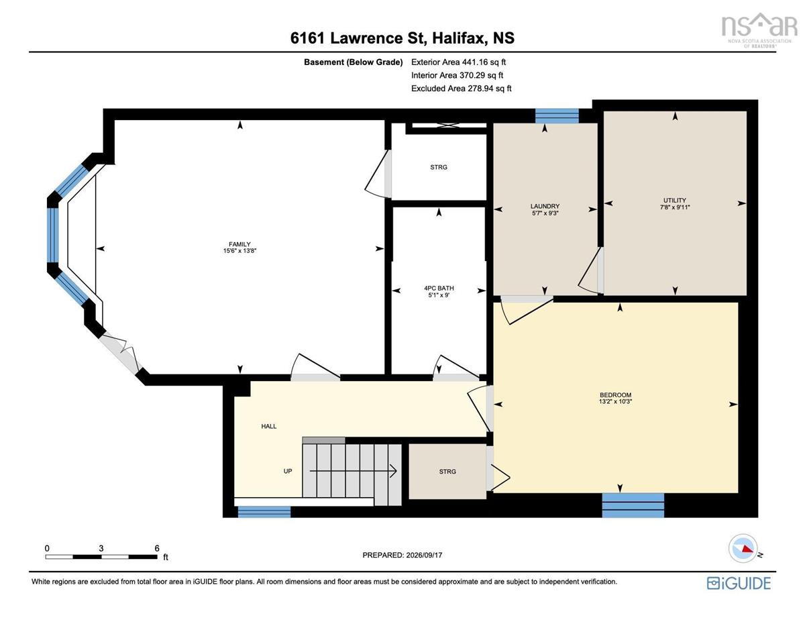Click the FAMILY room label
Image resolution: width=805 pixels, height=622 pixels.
[239, 244]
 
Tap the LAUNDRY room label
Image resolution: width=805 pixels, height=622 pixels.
[545, 206]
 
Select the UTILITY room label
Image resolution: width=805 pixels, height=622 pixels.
[675, 200]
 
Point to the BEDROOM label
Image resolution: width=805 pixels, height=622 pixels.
[615, 395]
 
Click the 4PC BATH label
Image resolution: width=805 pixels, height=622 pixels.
[439, 289]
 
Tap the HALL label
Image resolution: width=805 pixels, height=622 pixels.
[268, 426]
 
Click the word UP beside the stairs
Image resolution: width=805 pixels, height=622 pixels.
[288, 471]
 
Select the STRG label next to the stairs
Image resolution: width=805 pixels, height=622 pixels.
[447, 472]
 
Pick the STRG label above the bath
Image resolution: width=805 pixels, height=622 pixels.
[439, 168]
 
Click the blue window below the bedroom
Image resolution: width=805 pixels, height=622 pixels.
[633, 505]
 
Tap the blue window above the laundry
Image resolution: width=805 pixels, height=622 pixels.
[557, 115]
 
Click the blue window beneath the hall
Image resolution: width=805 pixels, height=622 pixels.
[264, 511]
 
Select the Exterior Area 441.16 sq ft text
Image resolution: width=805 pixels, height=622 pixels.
[458, 62]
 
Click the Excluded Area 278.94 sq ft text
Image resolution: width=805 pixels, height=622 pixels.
[462, 89]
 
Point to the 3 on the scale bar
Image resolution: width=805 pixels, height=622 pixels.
[101, 548]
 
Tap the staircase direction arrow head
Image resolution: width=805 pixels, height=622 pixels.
[394, 471]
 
